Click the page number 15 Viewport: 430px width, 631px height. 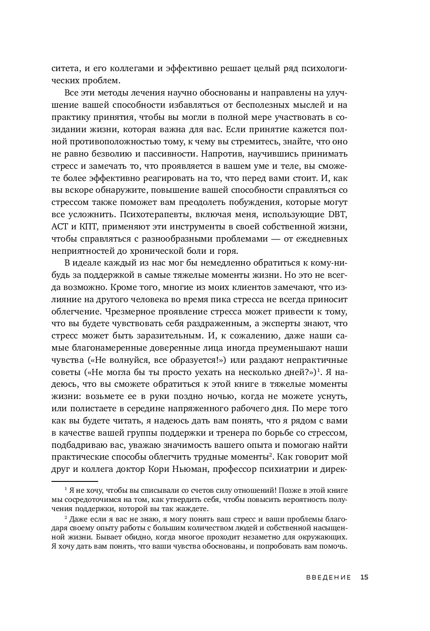(365, 577)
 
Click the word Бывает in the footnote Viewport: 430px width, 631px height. (127, 538)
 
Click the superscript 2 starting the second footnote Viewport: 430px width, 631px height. (66, 518)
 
